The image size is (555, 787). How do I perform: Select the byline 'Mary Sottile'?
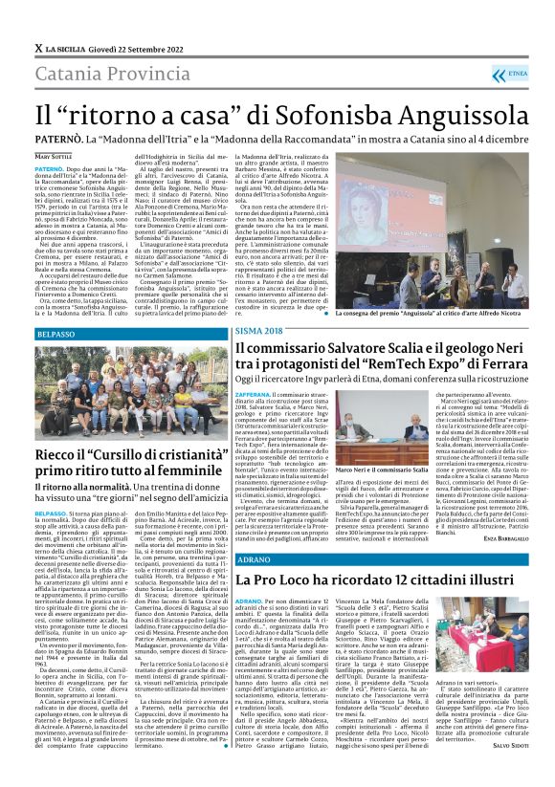(55, 156)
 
